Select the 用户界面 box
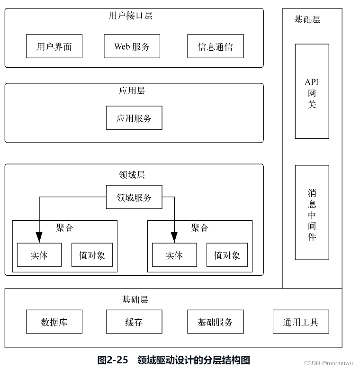click(x=54, y=46)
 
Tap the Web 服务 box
click(x=132, y=46)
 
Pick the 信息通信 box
click(x=216, y=46)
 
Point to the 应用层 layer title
click(x=132, y=90)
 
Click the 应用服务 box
click(x=134, y=118)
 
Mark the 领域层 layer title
click(x=132, y=175)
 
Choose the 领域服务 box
click(x=134, y=197)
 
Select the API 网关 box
click(x=312, y=91)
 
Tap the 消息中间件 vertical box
click(x=312, y=212)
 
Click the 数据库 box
click(x=54, y=322)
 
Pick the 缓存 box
click(x=134, y=322)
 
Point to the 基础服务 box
click(x=216, y=322)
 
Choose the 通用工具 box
click(x=301, y=322)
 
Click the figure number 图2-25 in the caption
click(x=113, y=360)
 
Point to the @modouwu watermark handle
click(x=337, y=363)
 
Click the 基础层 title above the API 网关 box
click(x=307, y=19)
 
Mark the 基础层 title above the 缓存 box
click(x=135, y=299)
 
